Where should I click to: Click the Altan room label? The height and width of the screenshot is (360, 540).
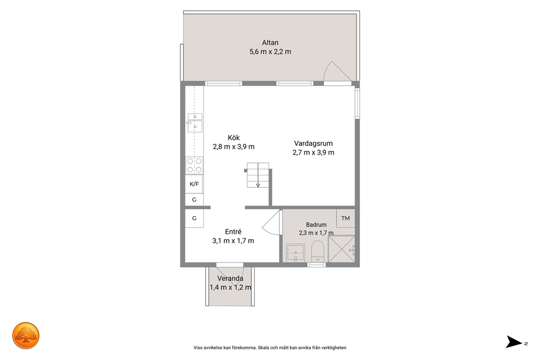pos(270,42)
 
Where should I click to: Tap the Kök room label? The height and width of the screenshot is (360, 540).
pos(234,138)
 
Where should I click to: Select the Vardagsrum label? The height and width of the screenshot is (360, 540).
pos(313,144)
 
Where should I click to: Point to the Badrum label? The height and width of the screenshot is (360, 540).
pos(316,224)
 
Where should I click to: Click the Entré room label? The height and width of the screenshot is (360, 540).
pos(233,232)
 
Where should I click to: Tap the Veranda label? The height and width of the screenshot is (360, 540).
pos(230,278)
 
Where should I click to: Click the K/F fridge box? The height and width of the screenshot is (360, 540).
pos(194,184)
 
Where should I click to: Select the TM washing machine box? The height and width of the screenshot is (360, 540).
pos(346,218)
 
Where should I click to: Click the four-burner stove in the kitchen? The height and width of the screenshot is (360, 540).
pos(194,166)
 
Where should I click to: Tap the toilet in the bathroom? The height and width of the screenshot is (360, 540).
pos(317,252)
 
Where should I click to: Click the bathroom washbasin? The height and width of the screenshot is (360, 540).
pos(296,253)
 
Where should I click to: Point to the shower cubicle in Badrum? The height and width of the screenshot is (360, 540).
pos(341,249)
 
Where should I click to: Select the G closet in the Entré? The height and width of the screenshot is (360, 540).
pos(194,218)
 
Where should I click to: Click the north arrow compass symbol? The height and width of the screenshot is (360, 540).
pos(514,341)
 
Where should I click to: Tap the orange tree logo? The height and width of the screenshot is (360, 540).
pos(26,335)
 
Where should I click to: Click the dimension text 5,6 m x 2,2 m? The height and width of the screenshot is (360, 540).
pos(270,52)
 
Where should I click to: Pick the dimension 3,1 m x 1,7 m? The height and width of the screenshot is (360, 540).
pos(233,241)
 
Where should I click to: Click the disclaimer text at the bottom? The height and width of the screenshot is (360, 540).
pos(270,347)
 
